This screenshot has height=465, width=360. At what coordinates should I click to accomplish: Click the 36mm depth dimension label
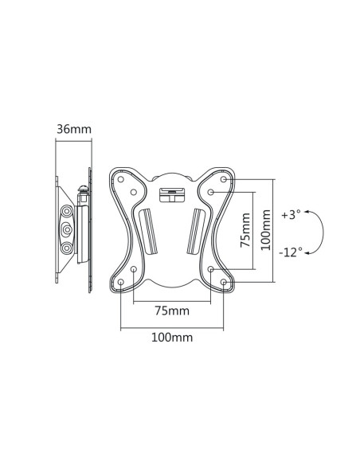(74, 129)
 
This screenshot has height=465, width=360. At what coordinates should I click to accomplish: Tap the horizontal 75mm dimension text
(172, 311)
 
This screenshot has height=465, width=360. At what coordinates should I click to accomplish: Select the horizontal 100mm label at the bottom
(172, 338)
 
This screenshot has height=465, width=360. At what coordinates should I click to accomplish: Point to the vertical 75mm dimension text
(245, 230)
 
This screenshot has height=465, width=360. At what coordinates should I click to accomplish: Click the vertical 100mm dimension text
(266, 230)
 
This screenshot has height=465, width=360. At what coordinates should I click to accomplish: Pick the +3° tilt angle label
(292, 214)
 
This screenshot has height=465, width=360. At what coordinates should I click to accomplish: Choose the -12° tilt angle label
(291, 252)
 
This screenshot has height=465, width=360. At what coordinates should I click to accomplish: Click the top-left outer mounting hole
(121, 179)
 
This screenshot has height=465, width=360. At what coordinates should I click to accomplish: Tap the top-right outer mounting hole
(224, 179)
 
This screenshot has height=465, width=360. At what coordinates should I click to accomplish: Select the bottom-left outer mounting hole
(121, 282)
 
